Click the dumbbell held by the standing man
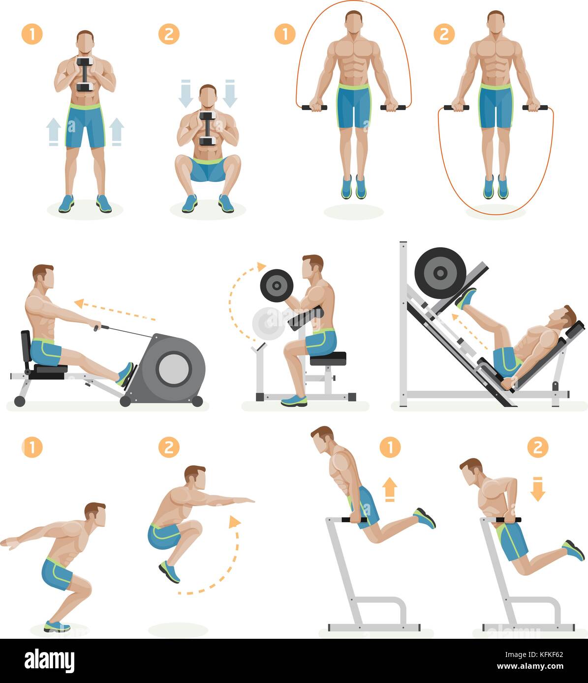pyautogui.click(x=85, y=75)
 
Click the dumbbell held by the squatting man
pyautogui.click(x=207, y=129)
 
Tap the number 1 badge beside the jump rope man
pyautogui.click(x=285, y=34)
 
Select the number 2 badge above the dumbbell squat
pyautogui.click(x=169, y=34)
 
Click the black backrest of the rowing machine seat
pyautogui.click(x=25, y=348)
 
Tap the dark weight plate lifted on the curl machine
pyautogui.click(x=277, y=285)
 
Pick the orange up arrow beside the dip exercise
pyautogui.click(x=390, y=490)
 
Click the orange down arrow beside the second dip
pyautogui.click(x=537, y=490)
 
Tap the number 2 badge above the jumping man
pyautogui.click(x=169, y=447)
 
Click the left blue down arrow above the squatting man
pyautogui.click(x=186, y=92)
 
